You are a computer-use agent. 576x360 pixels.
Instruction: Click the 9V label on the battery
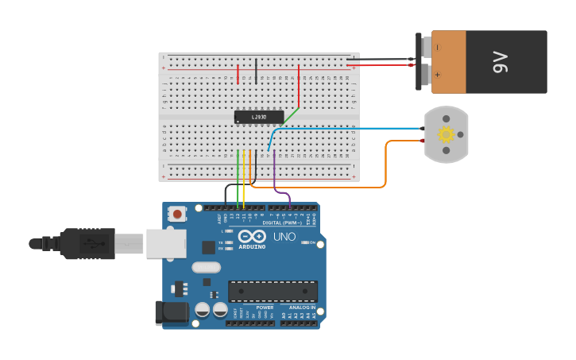click(x=500, y=62)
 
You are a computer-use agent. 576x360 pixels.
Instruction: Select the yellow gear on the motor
click(x=446, y=134)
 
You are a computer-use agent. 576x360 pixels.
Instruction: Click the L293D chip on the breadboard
click(x=259, y=117)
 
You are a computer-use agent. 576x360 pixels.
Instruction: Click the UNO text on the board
click(x=284, y=237)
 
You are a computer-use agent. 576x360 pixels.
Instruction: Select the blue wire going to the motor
click(x=350, y=128)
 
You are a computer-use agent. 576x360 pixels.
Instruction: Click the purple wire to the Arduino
click(x=275, y=179)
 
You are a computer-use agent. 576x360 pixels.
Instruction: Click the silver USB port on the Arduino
click(x=165, y=243)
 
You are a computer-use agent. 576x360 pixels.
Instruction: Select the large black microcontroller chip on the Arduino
click(x=273, y=291)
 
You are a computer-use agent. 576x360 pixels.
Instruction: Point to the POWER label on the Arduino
click(x=265, y=308)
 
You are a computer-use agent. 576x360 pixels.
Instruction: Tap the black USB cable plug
click(x=87, y=243)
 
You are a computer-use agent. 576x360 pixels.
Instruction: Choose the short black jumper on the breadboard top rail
click(x=256, y=71)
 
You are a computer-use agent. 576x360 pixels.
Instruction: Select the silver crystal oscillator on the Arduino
click(x=206, y=268)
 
